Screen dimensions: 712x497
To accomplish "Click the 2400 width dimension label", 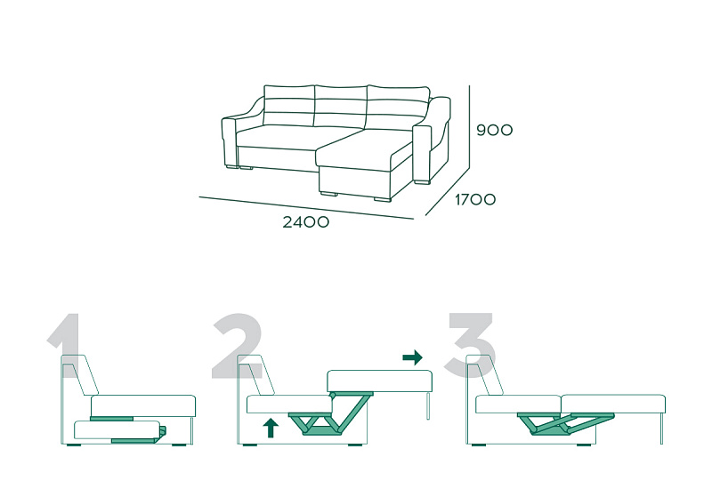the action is pos(305,222).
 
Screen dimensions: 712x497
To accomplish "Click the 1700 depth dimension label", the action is pos(475,199).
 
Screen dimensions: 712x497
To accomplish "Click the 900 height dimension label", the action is pos(495,130).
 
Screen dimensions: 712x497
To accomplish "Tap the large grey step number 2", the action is pos(237,346).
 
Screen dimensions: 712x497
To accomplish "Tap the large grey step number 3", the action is pos(471,346).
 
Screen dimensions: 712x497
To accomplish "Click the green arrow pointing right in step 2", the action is pos(412,357).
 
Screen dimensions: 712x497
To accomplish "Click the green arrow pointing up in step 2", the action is pos(271,428).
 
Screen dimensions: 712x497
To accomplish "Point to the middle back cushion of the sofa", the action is pos(341,107).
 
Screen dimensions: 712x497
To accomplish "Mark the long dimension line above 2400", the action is pos(306,208).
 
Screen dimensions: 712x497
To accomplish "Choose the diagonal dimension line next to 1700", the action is pos(448,192).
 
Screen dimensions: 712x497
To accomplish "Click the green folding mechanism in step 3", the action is pos(565,422).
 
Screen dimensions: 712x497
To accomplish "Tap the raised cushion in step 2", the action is pos(380,381).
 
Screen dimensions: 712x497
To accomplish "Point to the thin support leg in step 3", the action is pos(661,429).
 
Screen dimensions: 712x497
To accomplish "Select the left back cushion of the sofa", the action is pos(287,105).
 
